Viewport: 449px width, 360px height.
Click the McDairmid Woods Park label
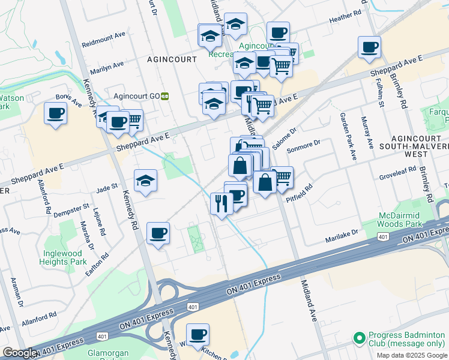tap(405, 220)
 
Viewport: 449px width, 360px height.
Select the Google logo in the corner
tap(20, 353)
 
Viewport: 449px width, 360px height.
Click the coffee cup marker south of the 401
tap(197, 334)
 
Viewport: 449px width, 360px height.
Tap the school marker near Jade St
tap(145, 180)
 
